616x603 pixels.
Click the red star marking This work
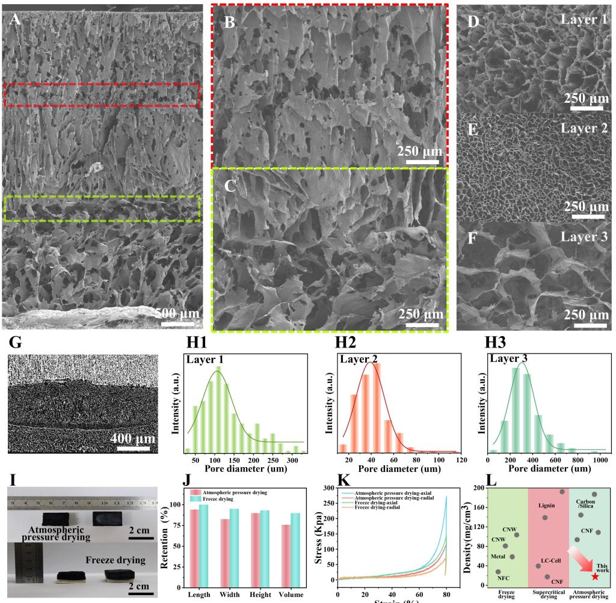click(595, 576)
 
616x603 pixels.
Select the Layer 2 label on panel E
click(584, 129)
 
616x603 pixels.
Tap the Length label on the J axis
click(199, 595)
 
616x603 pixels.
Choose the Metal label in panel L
click(498, 556)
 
